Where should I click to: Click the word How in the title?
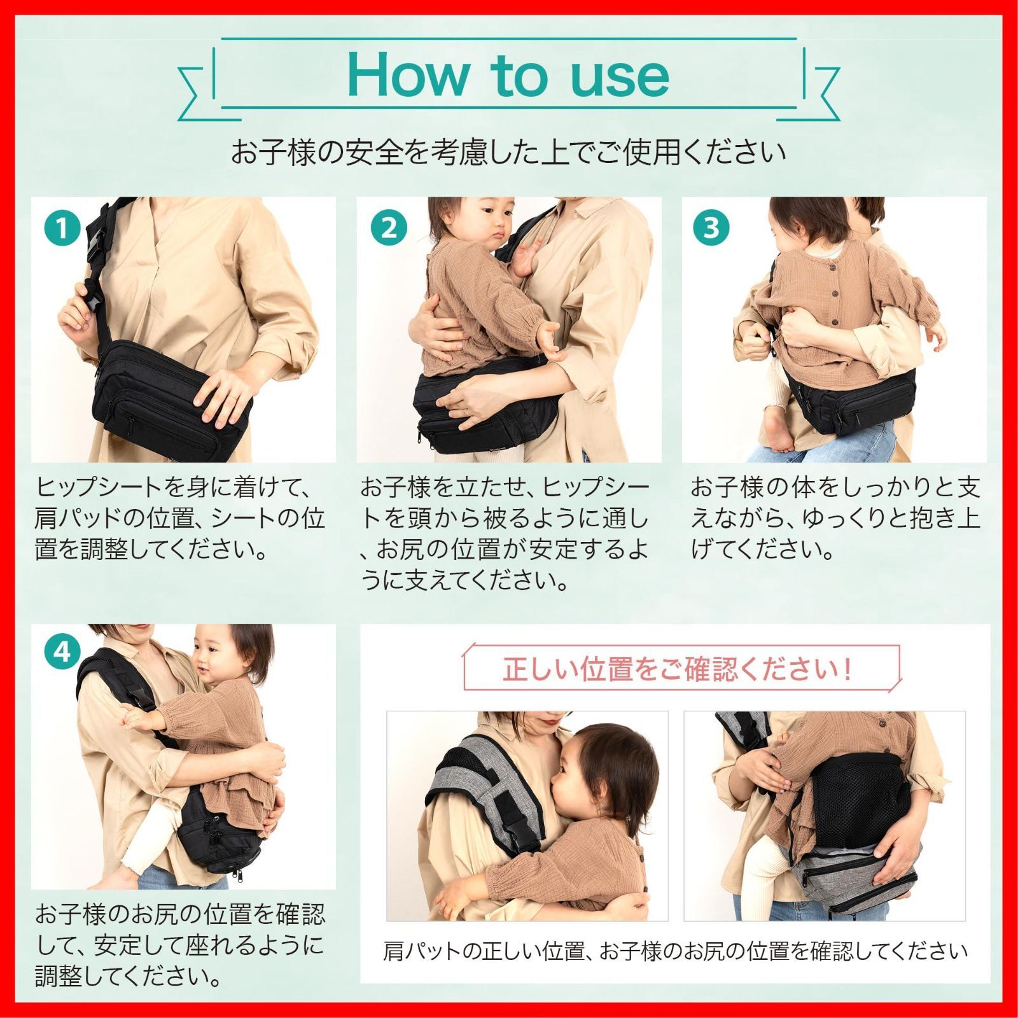pyautogui.click(x=407, y=75)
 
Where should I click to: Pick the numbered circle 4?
pyautogui.click(x=62, y=652)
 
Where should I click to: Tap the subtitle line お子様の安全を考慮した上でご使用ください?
pyautogui.click(x=508, y=153)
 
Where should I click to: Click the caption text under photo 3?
pyautogui.click(x=835, y=518)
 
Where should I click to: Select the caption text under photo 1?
pyautogui.click(x=181, y=518)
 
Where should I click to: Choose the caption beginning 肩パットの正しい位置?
pyautogui.click(x=675, y=951)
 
